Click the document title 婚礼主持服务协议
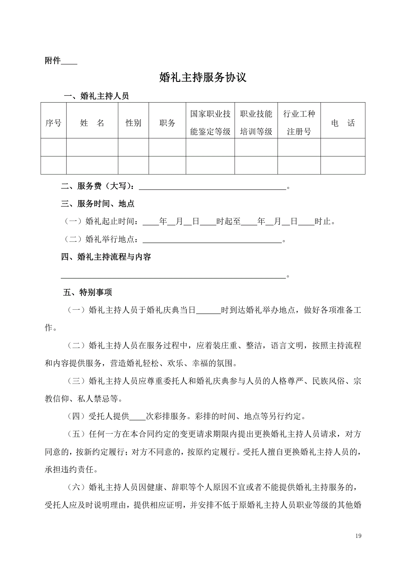coord(203,77)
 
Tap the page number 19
coord(358,536)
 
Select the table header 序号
coord(53,123)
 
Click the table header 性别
coord(133,123)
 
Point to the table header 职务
coord(167,123)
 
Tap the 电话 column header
coord(343,123)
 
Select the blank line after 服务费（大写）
coord(212,188)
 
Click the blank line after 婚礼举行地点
coord(212,241)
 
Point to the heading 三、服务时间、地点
coord(98,204)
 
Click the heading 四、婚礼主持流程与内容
coord(106,257)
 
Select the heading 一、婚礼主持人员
coord(96,96)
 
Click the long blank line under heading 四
coord(173,276)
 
